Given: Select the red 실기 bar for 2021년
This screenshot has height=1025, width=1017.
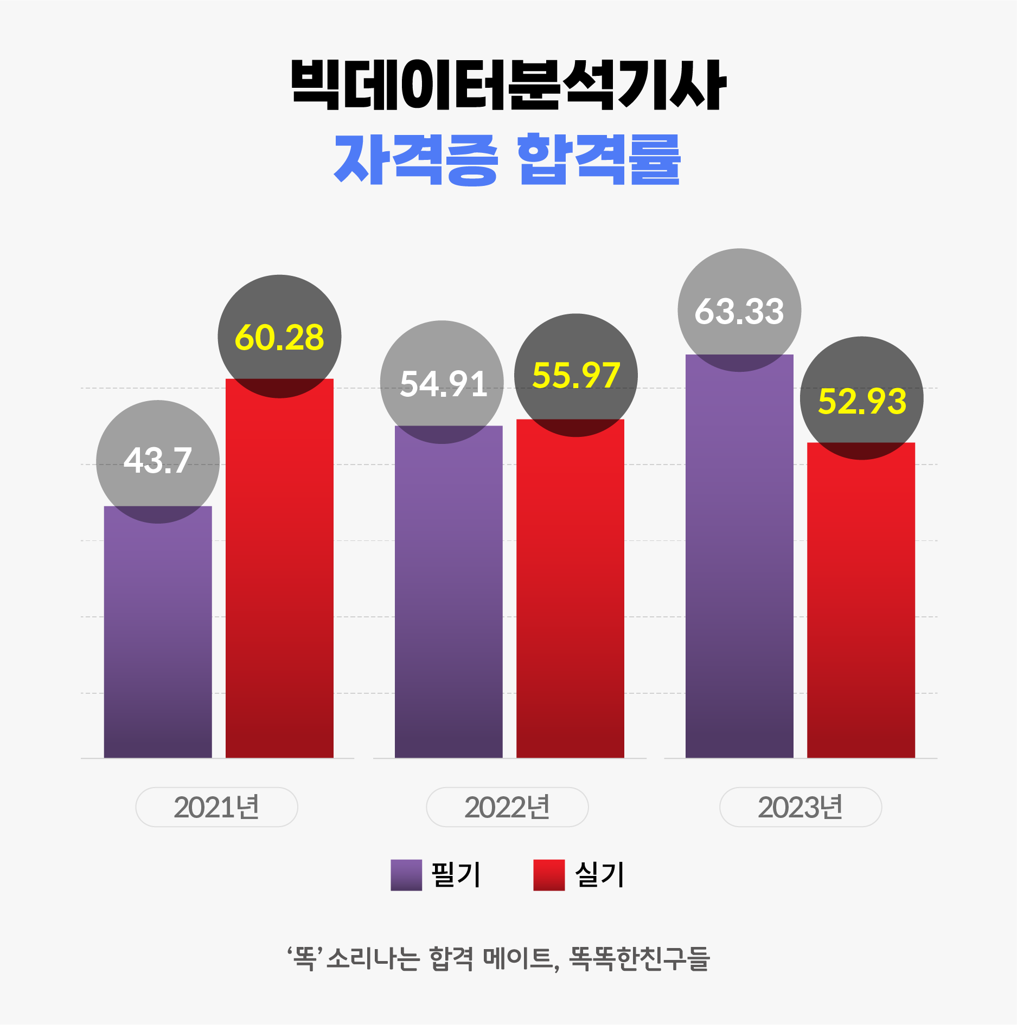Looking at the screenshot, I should (x=279, y=575).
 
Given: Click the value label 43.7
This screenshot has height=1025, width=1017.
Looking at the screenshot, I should (x=158, y=461).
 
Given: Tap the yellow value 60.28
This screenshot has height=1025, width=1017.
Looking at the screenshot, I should (x=279, y=337).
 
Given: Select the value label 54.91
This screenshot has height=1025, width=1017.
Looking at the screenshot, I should (x=443, y=384).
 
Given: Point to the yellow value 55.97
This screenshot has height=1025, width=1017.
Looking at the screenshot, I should (x=576, y=375).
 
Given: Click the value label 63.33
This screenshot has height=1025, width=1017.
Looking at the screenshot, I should (x=739, y=311).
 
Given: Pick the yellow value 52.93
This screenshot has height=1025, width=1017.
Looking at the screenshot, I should (x=862, y=401).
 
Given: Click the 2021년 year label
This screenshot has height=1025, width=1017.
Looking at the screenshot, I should (x=216, y=807).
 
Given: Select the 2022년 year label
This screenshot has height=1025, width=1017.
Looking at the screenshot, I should (x=507, y=807).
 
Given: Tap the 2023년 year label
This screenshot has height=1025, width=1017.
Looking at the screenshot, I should (x=801, y=807).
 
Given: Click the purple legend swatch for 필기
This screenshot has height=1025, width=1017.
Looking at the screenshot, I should (x=406, y=875).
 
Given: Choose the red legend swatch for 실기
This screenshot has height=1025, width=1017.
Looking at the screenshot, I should (x=549, y=875).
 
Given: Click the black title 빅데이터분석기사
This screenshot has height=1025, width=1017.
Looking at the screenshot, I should (x=508, y=85).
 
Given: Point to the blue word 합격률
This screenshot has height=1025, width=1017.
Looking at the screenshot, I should (x=599, y=160).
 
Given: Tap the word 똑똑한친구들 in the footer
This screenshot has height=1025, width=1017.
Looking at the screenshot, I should (x=639, y=959).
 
